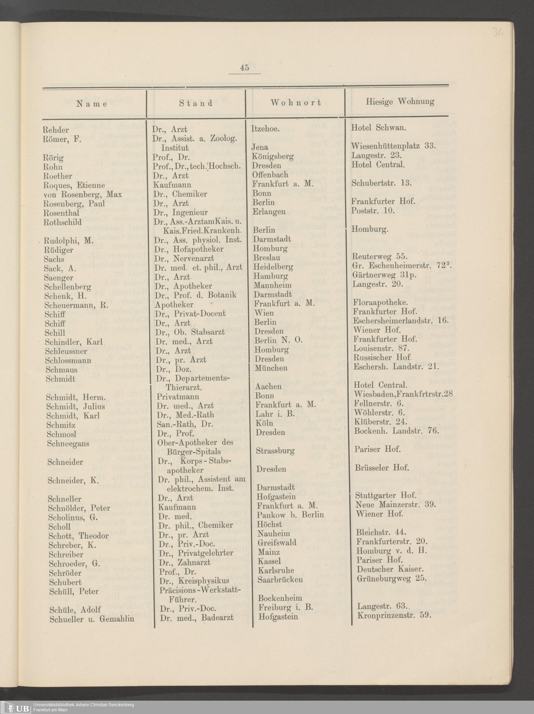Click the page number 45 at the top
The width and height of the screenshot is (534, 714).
click(x=244, y=68)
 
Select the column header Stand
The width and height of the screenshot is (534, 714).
click(x=196, y=103)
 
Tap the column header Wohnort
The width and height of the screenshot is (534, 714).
click(x=296, y=103)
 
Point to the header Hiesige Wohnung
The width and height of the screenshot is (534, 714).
click(x=400, y=102)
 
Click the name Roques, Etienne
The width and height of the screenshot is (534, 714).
click(x=74, y=185)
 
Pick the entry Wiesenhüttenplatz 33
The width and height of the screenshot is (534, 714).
click(x=393, y=146)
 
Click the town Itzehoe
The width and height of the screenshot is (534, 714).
click(x=265, y=129)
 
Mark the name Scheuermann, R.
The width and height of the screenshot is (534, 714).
click(x=76, y=305)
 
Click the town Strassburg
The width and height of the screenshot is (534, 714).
click(x=275, y=451)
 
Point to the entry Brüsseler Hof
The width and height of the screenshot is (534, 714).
click(x=382, y=467)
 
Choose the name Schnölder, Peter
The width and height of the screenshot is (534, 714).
click(x=79, y=508)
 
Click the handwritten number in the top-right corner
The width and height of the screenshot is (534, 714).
click(x=498, y=32)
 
